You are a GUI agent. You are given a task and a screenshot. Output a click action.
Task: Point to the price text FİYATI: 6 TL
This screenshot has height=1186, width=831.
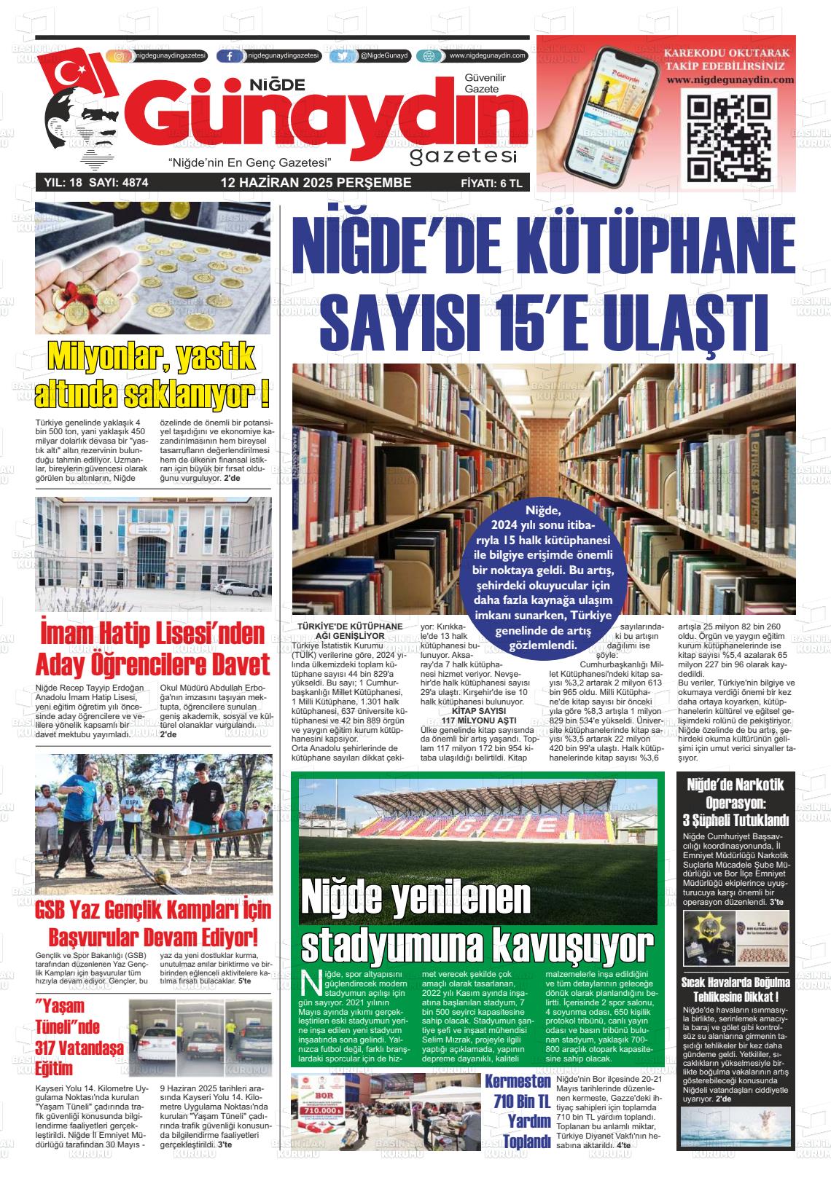tap(491, 184)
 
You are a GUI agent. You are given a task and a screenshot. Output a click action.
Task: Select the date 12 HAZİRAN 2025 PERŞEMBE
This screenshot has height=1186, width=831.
tap(316, 183)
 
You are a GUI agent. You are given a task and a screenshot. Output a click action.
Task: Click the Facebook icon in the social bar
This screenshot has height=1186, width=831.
tap(230, 56)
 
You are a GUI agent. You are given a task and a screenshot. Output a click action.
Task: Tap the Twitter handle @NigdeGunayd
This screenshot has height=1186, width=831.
tap(384, 56)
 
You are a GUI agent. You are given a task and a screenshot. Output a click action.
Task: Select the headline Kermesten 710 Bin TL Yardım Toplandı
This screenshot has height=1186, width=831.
tap(518, 1111)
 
